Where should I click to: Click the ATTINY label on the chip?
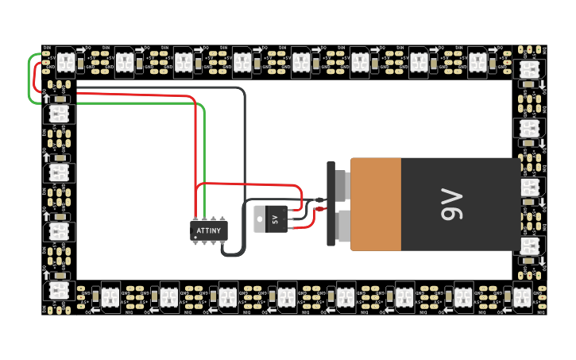pos(209,230)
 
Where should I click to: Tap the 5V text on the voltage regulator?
pos(276,219)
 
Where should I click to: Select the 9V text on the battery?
pos(450,204)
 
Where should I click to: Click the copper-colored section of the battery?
pos(376,204)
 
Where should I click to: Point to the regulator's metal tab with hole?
pos(259,219)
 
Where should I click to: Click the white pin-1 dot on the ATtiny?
pos(195,237)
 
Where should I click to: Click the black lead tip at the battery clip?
pos(319,200)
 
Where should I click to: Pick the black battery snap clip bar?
pos(331,204)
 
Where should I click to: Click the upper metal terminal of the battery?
pos(342,185)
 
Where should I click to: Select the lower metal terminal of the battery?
pos(343,226)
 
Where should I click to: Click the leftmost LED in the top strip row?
pos(65,61)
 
